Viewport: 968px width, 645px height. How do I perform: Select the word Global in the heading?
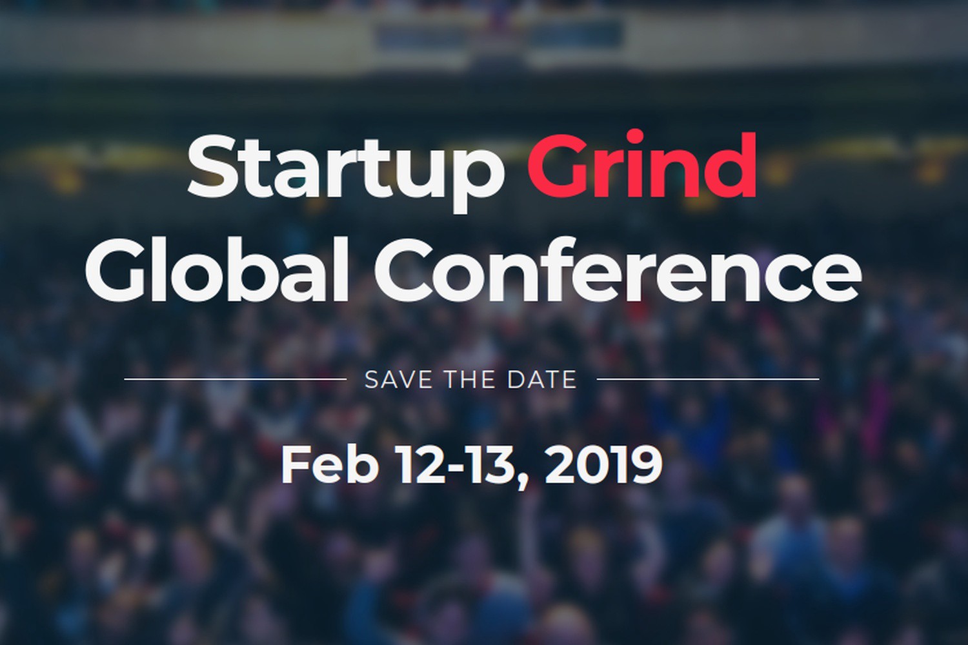[x=216, y=268]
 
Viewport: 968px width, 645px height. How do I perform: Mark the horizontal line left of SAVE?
[x=236, y=379]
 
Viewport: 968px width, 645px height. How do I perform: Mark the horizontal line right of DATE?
[x=708, y=379]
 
